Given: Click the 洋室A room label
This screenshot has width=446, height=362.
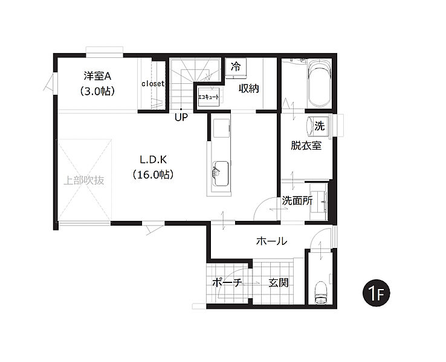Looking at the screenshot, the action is pyautogui.click(x=97, y=76).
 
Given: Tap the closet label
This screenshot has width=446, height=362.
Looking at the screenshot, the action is pyautogui.click(x=153, y=84).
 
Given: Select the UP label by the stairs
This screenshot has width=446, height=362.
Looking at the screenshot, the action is pyautogui.click(x=181, y=118).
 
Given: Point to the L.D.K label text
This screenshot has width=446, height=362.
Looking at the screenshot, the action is pyautogui.click(x=153, y=160).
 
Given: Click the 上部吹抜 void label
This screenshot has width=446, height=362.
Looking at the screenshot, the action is pyautogui.click(x=83, y=180).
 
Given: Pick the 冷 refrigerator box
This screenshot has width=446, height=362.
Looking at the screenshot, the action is pyautogui.click(x=236, y=68).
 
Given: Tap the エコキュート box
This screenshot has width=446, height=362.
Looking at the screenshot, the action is pyautogui.click(x=208, y=97).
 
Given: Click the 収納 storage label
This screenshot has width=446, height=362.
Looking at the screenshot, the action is pyautogui.click(x=248, y=89).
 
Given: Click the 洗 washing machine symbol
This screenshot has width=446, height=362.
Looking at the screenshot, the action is pyautogui.click(x=319, y=125).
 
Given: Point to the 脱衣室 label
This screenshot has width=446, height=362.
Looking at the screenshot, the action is pyautogui.click(x=306, y=145).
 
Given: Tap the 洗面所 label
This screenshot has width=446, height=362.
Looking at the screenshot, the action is pyautogui.click(x=297, y=201).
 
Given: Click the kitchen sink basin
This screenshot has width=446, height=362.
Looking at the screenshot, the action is pyautogui.click(x=221, y=174).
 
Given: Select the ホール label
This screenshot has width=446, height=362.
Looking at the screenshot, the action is pyautogui.click(x=271, y=241).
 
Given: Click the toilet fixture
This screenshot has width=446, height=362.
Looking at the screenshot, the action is pyautogui.click(x=322, y=293).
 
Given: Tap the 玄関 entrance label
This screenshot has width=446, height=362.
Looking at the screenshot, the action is pyautogui.click(x=279, y=282).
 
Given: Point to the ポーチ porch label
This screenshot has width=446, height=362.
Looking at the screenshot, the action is pyautogui.click(x=227, y=282).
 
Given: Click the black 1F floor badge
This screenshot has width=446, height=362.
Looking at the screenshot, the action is pyautogui.click(x=377, y=293).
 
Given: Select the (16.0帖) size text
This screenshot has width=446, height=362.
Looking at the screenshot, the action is pyautogui.click(x=153, y=174).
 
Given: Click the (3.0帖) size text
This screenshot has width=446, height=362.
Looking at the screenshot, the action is pyautogui.click(x=97, y=91).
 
